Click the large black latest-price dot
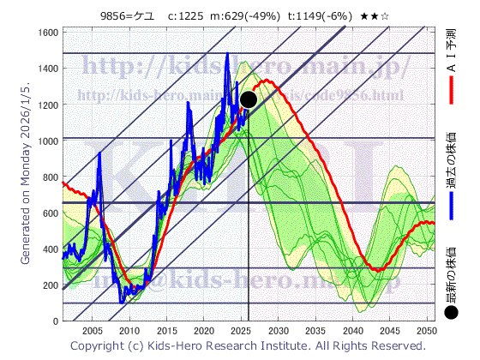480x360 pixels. pyautogui.click(x=249, y=99)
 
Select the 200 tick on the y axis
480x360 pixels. pyautogui.click(x=51, y=285)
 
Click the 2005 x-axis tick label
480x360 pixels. pyautogui.click(x=93, y=330)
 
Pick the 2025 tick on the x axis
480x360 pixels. pyautogui.click(x=242, y=330)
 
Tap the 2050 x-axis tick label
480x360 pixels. pyautogui.click(x=427, y=330)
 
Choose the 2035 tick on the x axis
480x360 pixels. pyautogui.click(x=315, y=330)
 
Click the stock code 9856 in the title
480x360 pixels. pyautogui.click(x=114, y=14)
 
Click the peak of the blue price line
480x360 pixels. pyautogui.click(x=227, y=53)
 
